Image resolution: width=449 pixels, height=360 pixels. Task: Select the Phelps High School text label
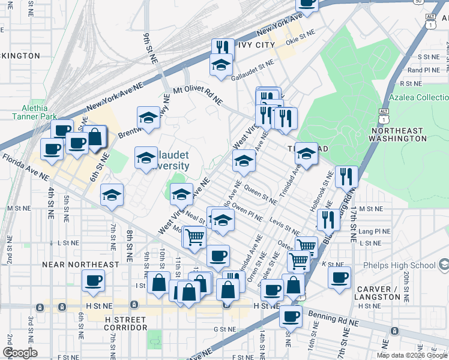tap(406, 265)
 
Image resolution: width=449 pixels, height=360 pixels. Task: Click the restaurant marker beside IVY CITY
tap(223, 48)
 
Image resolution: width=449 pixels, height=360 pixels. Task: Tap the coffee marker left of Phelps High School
tap(339, 278)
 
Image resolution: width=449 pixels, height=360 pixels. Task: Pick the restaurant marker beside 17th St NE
tap(346, 176)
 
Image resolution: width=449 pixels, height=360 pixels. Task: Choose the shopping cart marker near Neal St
tap(194, 237)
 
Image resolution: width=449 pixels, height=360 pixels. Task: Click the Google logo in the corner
tap(20, 353)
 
